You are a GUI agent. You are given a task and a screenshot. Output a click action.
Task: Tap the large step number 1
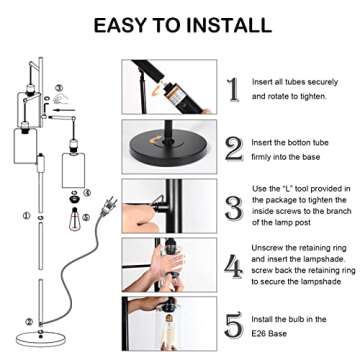(233, 89)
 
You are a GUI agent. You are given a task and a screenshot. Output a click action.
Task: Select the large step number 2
(233, 149)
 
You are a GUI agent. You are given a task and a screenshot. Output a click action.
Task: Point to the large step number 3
(233, 207)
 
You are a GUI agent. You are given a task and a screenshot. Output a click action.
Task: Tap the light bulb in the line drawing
(73, 214)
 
